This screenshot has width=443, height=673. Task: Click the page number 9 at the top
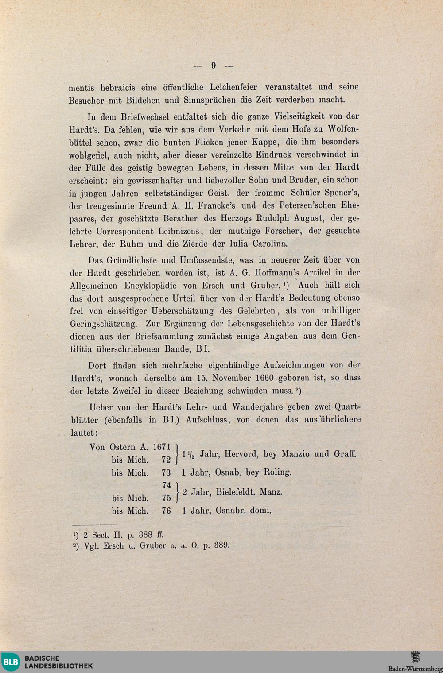point(214,66)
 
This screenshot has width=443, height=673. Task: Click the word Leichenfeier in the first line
point(235,87)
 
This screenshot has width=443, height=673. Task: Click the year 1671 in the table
point(162,447)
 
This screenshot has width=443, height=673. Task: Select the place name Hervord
point(241,454)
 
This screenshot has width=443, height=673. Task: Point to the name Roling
point(277,472)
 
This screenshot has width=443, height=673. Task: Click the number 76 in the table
point(166,511)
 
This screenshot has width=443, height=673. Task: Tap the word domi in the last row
point(260,511)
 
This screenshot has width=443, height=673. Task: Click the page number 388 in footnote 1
point(145,535)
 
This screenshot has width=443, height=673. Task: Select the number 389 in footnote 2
point(221,545)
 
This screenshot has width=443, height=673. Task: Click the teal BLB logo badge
point(11,662)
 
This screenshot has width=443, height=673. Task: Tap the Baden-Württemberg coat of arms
point(415,657)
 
